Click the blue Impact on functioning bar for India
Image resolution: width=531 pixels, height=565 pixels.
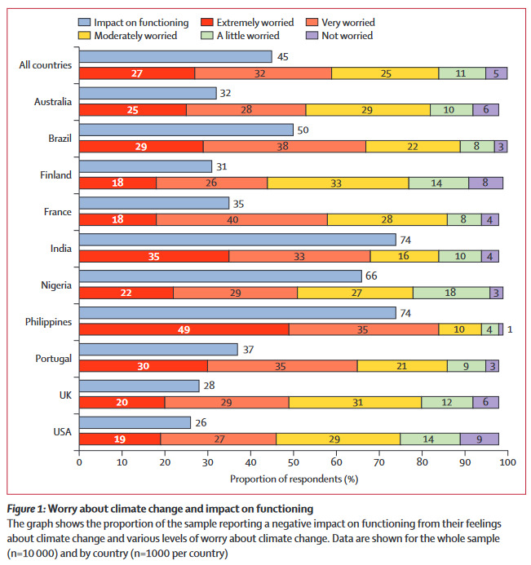(x=237, y=240)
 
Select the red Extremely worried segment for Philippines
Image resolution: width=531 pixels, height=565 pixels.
(x=184, y=329)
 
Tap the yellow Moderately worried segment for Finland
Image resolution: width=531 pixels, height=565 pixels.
(x=339, y=183)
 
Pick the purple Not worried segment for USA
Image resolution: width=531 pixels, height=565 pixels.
(x=480, y=439)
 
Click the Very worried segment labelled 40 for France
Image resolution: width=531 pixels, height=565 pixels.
(x=242, y=219)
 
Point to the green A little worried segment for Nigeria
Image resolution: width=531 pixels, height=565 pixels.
(x=451, y=293)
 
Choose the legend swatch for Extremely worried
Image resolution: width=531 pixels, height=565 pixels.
(x=207, y=22)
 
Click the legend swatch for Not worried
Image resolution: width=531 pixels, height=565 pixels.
(x=312, y=35)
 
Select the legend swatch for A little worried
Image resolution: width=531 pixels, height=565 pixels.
(x=207, y=35)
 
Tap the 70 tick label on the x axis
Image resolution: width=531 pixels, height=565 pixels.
(x=378, y=462)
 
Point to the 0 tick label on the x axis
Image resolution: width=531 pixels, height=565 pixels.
(x=79, y=462)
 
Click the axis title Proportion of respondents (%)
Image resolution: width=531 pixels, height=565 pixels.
(x=294, y=479)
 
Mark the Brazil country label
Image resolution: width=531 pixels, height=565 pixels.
(x=60, y=139)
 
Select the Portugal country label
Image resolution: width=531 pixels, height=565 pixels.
(x=53, y=359)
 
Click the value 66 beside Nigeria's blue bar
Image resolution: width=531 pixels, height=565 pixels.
(x=371, y=276)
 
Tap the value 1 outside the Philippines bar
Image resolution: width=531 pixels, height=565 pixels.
(x=510, y=329)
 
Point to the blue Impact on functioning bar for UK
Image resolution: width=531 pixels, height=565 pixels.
(x=139, y=386)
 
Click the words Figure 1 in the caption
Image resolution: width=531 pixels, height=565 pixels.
(x=26, y=509)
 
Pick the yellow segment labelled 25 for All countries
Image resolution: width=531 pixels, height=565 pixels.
(x=385, y=73)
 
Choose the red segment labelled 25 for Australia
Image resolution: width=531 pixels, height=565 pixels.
(x=133, y=110)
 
